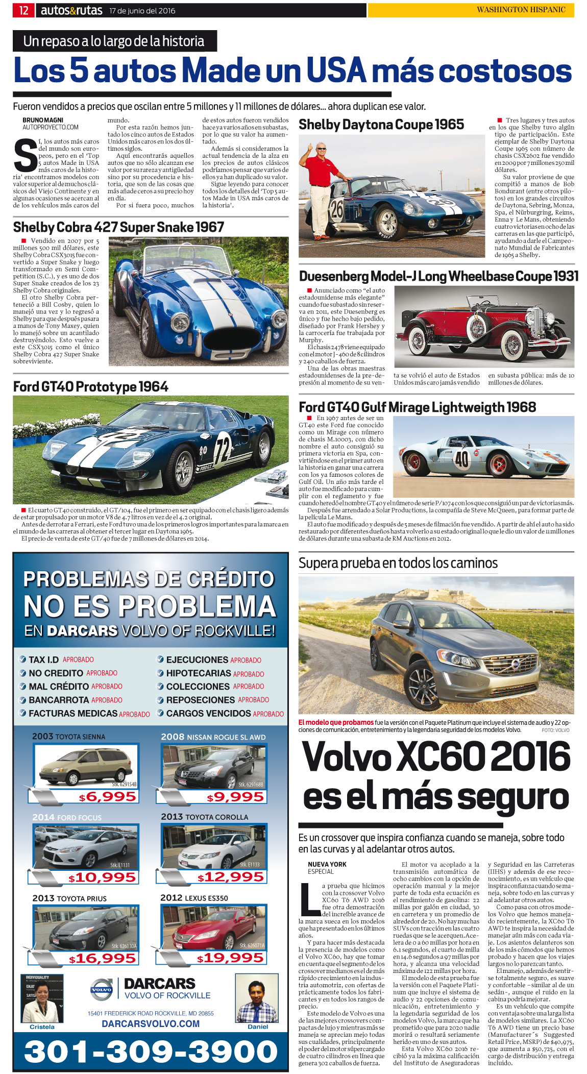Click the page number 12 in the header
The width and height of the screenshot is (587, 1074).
click(x=23, y=10)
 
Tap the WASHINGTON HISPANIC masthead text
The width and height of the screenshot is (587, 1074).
click(x=521, y=10)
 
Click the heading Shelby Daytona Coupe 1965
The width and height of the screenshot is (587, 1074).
click(x=381, y=125)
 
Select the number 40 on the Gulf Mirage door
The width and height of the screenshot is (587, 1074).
click(x=461, y=459)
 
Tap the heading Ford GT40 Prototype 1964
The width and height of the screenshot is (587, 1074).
click(x=90, y=386)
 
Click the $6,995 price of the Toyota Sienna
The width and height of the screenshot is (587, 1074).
click(x=107, y=797)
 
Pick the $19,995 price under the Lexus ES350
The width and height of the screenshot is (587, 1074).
click(x=230, y=958)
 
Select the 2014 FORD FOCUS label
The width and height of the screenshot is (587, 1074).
click(x=67, y=817)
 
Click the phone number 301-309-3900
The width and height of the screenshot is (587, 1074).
click(x=151, y=1052)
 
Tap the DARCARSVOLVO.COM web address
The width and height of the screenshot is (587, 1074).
click(x=151, y=1023)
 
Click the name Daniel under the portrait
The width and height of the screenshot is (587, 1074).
click(x=258, y=1027)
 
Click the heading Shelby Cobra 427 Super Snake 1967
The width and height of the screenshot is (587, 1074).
click(x=118, y=227)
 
